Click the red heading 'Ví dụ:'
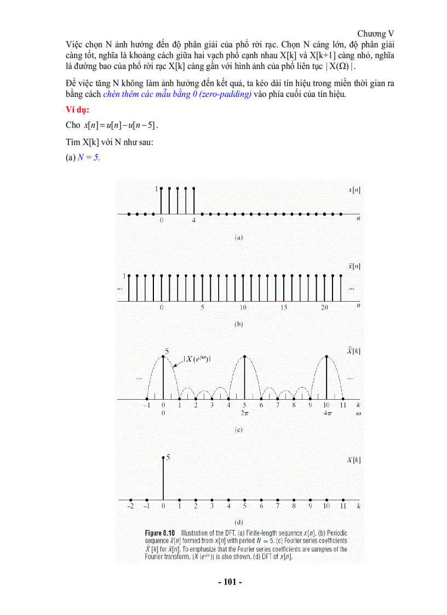click(77, 110)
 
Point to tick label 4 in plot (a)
click(193, 221)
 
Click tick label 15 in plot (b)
click(283, 308)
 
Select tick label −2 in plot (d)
click(130, 507)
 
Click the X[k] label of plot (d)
click(353, 461)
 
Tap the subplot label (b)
click(238, 324)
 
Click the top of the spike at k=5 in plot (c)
click(245, 357)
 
